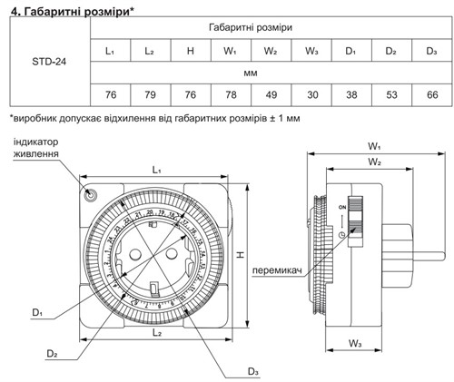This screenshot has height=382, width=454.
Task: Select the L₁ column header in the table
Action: [110, 49]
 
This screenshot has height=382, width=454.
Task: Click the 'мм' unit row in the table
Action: [270, 72]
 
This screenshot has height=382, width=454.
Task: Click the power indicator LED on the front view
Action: [90, 193]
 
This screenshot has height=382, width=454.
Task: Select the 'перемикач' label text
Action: [278, 269]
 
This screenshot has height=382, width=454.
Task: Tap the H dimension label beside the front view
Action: [240, 257]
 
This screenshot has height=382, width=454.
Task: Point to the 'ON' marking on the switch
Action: [342, 207]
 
